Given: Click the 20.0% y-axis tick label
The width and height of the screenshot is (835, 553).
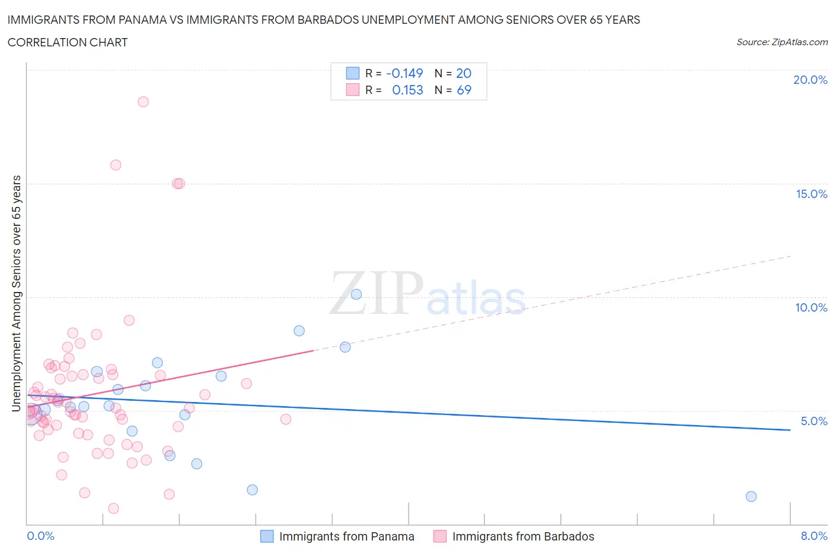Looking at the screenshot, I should tap(810, 80).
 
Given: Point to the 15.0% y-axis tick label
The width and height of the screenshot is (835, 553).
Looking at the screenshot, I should tap(811, 194).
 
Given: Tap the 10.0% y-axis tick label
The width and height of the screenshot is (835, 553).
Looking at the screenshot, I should tap(811, 307).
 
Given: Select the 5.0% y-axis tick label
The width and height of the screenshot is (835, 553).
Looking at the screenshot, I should tap(814, 421).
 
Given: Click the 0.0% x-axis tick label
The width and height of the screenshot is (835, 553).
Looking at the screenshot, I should tap(40, 536).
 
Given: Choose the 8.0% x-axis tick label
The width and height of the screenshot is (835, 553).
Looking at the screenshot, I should tap(814, 536).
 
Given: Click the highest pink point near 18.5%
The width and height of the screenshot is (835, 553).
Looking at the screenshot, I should tap(143, 102).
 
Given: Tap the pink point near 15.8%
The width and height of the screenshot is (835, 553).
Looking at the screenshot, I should tap(116, 165).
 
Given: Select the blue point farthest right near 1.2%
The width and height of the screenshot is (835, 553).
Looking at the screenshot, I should tap(751, 497).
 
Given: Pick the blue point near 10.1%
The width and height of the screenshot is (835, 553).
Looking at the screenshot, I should tap(356, 294).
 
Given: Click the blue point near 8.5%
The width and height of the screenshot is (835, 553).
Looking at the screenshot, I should tap(299, 331).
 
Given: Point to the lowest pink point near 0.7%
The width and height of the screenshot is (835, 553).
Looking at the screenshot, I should tap(113, 508).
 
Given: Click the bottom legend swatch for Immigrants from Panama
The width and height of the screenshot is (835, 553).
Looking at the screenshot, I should tap(267, 536).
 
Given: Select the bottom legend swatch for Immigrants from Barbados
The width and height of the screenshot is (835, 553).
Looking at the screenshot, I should tap(440, 536).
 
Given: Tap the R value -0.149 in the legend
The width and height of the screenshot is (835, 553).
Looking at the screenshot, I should tap(404, 73).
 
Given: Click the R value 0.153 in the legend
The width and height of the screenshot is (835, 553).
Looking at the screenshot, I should tap(407, 90).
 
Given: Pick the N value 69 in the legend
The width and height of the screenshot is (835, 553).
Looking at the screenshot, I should tap(464, 90).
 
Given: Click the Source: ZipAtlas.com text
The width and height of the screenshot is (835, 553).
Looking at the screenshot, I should tap(782, 42).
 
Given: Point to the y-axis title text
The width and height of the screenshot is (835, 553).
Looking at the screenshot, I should tap(17, 293).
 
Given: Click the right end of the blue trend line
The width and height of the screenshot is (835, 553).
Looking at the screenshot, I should tap(790, 429).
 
